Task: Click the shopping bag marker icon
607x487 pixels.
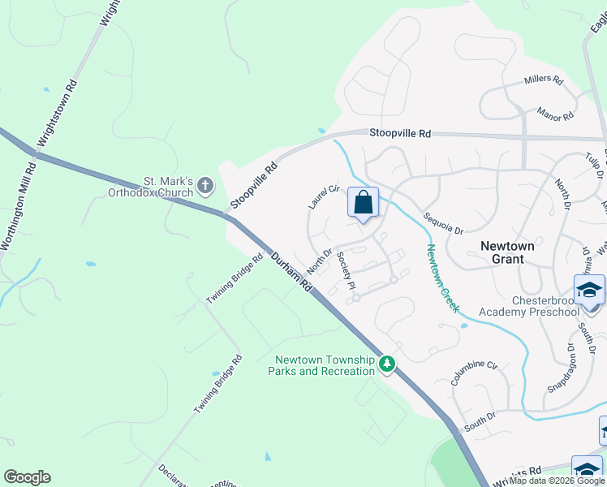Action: pos(363,202)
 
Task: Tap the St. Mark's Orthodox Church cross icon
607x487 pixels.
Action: pos(205,186)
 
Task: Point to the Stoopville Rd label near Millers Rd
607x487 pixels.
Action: pos(400,133)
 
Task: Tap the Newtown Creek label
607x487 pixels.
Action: pos(443,278)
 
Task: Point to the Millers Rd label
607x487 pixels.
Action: pos(544,80)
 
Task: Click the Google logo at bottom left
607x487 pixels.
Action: pos(26,477)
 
